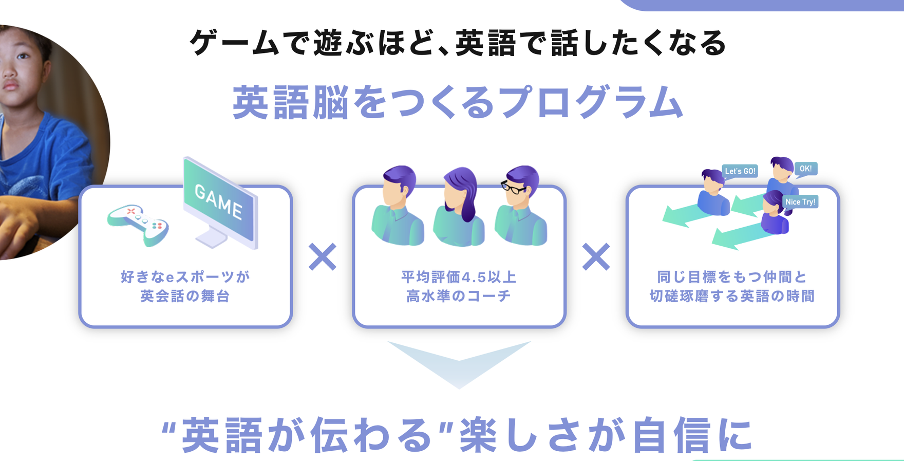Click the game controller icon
138,225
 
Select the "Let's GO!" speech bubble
740,171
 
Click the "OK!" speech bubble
805,169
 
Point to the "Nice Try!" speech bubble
800,202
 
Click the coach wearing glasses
521,206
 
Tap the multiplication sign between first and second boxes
323,257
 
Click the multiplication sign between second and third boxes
596,257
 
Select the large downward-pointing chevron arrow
459,363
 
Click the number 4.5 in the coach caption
474,278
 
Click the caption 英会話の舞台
185,297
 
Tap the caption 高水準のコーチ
458,297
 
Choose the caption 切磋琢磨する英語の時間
732,297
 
